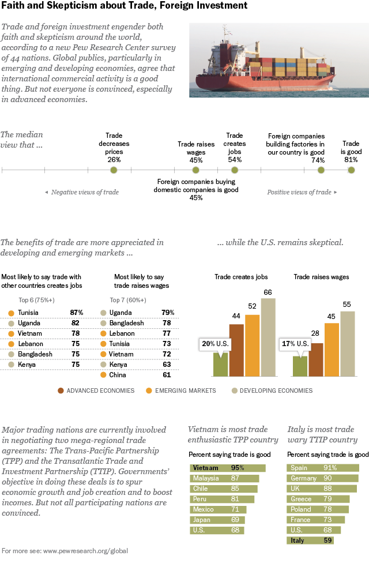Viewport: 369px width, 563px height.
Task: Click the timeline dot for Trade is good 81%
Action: [351, 170]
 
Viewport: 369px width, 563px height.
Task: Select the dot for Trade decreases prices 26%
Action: [114, 170]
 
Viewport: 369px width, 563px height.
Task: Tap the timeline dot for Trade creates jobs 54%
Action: [235, 170]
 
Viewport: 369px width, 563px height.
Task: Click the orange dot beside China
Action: [103, 375]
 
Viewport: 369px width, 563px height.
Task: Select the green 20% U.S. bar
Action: [220, 363]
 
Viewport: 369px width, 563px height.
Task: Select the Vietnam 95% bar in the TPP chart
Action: [227, 468]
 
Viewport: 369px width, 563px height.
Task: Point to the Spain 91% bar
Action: [323, 468]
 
